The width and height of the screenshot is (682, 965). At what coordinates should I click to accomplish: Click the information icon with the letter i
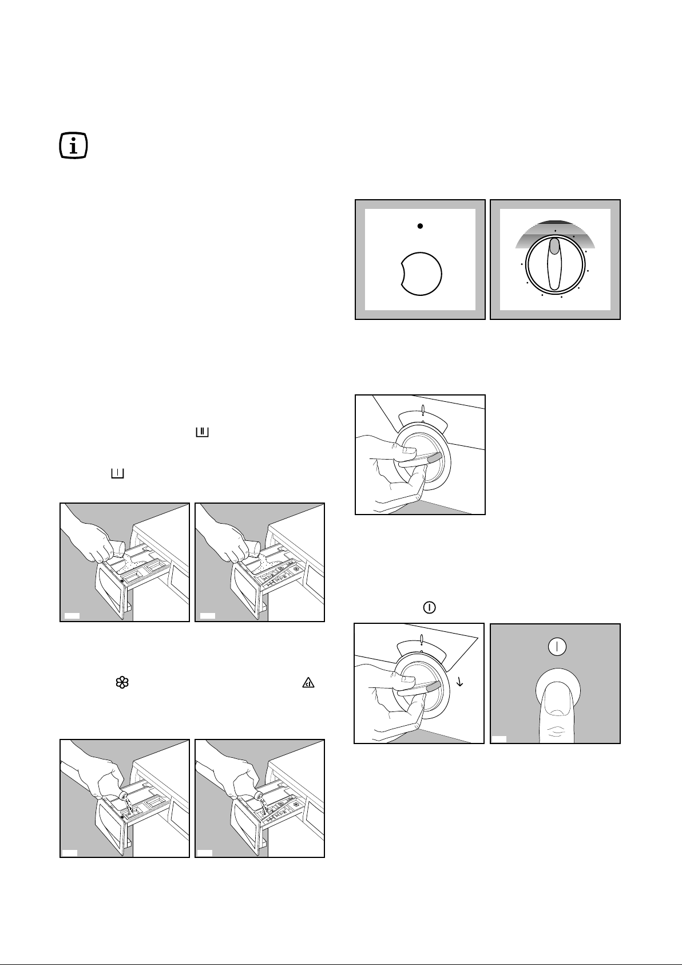[74, 146]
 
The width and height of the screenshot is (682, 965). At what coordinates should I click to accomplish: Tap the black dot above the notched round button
[420, 226]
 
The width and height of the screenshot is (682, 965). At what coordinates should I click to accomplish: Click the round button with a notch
[422, 273]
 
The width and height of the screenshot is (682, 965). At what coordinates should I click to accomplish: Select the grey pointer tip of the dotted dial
[554, 246]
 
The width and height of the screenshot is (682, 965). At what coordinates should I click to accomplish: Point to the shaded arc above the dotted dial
[555, 229]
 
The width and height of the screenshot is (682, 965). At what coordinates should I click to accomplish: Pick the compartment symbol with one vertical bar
[118, 473]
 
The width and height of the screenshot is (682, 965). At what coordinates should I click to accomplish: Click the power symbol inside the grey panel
[557, 647]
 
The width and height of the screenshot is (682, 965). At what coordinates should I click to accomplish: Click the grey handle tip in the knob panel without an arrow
[434, 457]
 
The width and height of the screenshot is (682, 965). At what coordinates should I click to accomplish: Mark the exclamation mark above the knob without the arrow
[422, 410]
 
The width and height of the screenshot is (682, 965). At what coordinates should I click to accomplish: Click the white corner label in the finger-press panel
[499, 738]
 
